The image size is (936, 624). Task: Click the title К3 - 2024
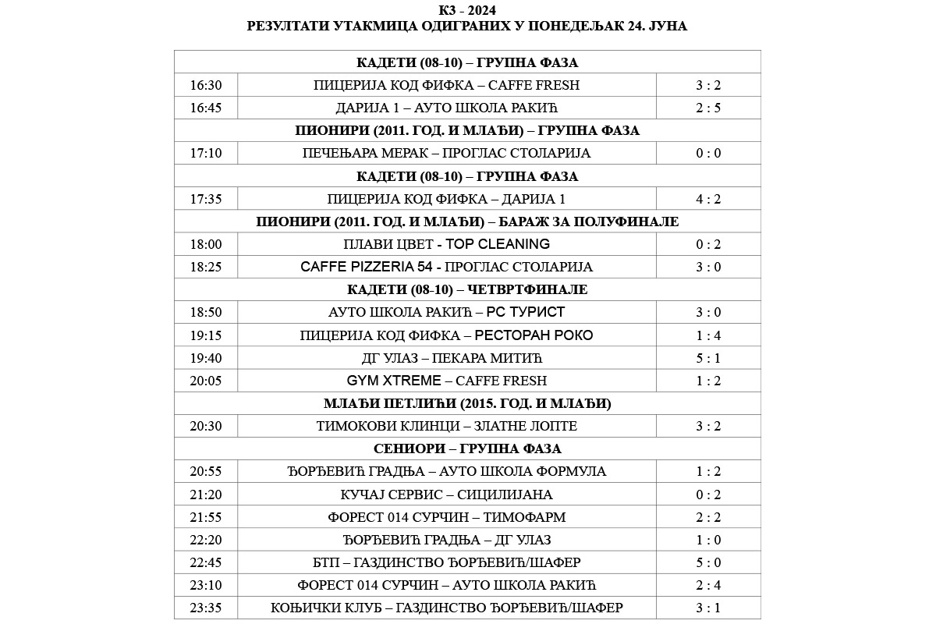[467, 10]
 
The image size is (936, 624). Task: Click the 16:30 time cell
[206, 85]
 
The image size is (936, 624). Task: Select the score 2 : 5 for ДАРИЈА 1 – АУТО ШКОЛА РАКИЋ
[708, 108]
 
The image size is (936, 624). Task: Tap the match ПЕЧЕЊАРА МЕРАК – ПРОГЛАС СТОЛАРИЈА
[447, 153]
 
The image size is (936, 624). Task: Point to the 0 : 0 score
[708, 153]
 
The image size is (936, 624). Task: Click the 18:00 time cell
[206, 244]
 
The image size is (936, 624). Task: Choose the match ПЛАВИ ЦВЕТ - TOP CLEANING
[447, 244]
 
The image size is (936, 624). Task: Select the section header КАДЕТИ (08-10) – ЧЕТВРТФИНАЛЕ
[467, 289]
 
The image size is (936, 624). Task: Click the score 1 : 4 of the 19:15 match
[708, 335]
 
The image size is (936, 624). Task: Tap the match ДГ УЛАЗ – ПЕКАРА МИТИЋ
[447, 358]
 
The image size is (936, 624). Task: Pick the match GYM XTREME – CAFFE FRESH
[447, 381]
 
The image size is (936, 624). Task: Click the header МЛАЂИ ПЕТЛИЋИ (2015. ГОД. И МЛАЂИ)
[467, 403]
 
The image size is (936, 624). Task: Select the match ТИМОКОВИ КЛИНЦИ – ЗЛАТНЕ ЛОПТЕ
[447, 426]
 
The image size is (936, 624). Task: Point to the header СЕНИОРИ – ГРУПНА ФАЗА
[467, 448]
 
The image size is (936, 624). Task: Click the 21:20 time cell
[206, 495]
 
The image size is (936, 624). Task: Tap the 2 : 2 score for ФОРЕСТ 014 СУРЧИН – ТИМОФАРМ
[708, 517]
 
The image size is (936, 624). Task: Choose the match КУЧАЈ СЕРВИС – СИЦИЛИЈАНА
[447, 495]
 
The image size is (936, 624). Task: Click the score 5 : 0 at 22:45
[708, 562]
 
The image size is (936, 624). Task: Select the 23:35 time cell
[206, 608]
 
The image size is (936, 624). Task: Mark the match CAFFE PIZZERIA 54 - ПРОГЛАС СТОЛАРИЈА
[447, 267]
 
